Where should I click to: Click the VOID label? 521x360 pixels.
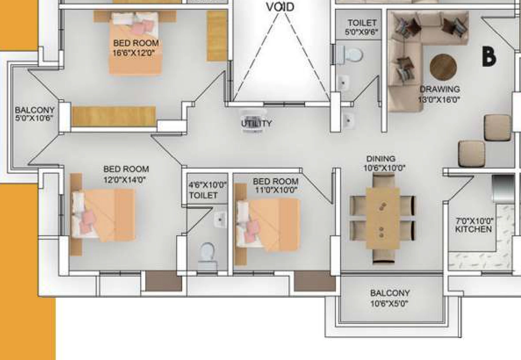(x=280, y=7)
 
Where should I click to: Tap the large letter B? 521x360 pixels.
(x=489, y=57)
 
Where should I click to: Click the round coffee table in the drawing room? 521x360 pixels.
(x=443, y=67)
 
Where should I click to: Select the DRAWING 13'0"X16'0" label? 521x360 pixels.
(x=439, y=94)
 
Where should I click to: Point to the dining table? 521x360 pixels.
(x=383, y=218)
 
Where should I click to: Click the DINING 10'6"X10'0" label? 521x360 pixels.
(x=384, y=163)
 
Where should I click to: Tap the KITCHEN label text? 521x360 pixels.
(x=473, y=229)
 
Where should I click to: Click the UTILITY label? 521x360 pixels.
(x=256, y=123)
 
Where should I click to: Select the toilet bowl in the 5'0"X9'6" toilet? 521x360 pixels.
(x=350, y=55)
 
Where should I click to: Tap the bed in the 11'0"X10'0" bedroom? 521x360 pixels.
(x=268, y=225)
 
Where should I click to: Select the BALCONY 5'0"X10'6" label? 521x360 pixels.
(x=34, y=114)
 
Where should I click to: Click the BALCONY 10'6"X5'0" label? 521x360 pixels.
(x=390, y=298)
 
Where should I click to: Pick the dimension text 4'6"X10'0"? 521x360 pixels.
(x=208, y=185)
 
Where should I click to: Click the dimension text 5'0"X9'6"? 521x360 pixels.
(x=362, y=32)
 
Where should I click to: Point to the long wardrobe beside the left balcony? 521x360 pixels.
(x=113, y=116)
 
